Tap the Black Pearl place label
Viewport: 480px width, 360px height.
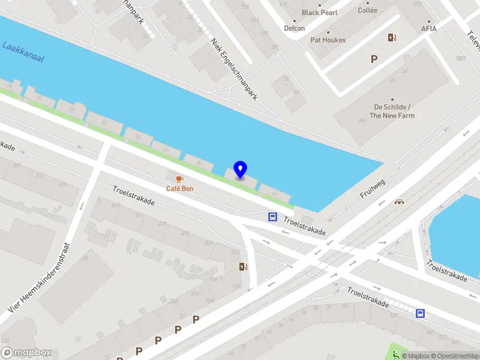(x=319, y=13)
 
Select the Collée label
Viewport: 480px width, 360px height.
(x=367, y=10)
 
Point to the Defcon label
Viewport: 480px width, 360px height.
(x=294, y=28)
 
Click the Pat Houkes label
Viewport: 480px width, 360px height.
(x=328, y=40)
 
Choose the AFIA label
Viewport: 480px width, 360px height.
(x=429, y=28)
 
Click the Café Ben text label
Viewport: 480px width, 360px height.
(x=179, y=188)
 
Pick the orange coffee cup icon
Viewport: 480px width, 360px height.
(x=179, y=178)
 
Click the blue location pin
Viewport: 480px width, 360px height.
(x=240, y=170)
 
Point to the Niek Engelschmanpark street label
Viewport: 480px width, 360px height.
(x=233, y=69)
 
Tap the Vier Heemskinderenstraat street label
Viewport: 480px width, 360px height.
(x=39, y=277)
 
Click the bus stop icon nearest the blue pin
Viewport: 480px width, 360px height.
(x=272, y=217)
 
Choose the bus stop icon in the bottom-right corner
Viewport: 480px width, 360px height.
(x=421, y=313)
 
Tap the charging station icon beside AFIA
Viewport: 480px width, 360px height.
(x=392, y=37)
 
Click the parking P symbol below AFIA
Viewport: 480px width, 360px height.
(x=374, y=59)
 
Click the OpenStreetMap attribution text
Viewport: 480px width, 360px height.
(x=454, y=356)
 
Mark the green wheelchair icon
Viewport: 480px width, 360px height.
(x=395, y=353)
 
